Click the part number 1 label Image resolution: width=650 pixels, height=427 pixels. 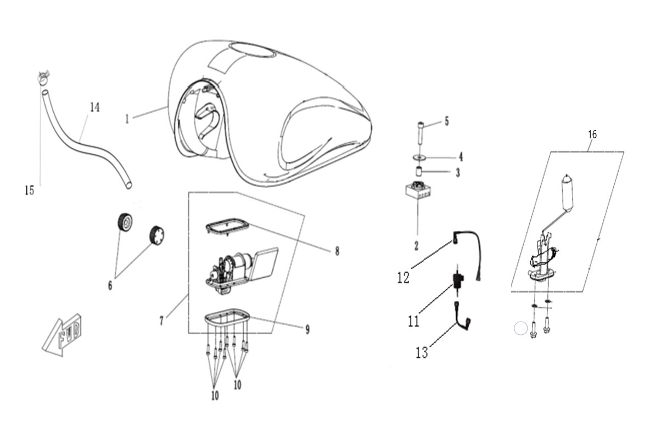coord(127,119)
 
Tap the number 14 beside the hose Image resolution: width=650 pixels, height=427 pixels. coord(95,108)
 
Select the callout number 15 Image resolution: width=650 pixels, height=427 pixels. coord(29,190)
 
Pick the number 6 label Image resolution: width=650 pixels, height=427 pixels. coord(110,285)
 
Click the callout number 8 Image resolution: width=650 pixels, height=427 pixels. coord(337,251)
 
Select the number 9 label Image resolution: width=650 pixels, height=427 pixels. coord(307,329)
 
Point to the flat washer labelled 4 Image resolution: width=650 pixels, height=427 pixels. coord(419,157)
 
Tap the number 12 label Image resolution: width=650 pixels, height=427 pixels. coord(404,277)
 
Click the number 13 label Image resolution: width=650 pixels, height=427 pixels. coord(422,352)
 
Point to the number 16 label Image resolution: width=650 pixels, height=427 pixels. coord(592,134)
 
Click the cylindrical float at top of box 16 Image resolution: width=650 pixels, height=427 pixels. coord(566,192)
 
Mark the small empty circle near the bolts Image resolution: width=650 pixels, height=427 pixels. coord(520,328)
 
